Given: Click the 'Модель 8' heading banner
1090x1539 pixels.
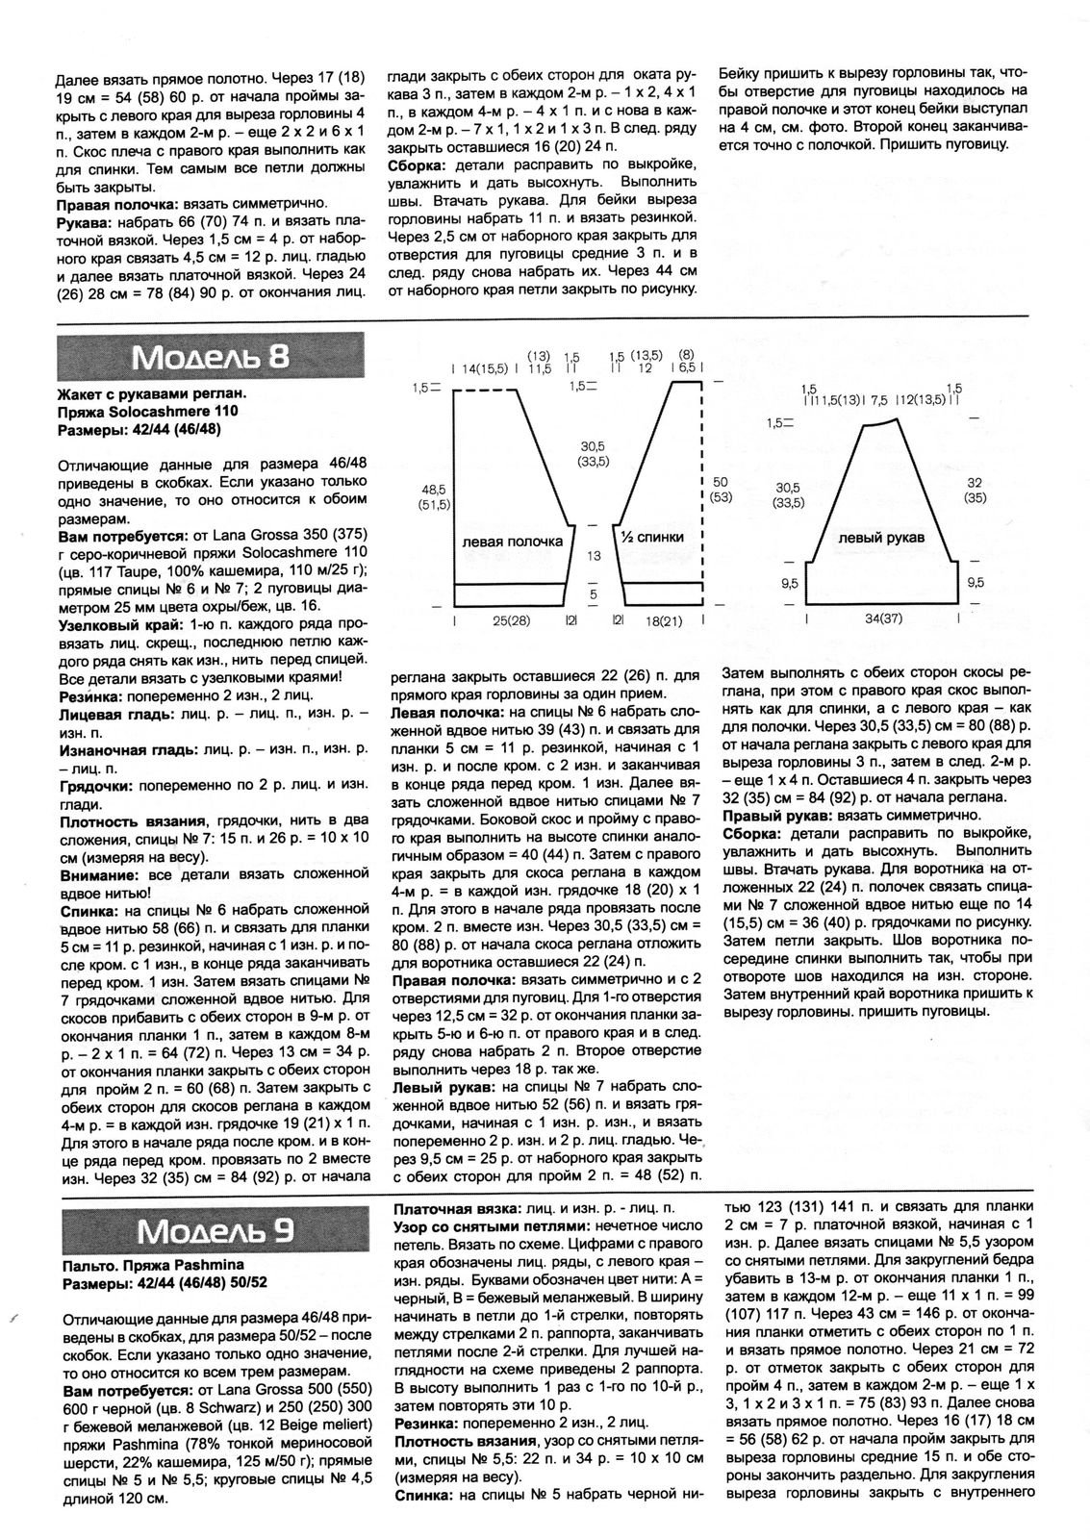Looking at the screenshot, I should pyautogui.click(x=211, y=357).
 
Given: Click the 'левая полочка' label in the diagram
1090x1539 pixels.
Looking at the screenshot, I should pyautogui.click(x=512, y=541).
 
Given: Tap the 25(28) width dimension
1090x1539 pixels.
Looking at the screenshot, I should pyautogui.click(x=512, y=621).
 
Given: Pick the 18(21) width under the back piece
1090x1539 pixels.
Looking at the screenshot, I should pyautogui.click(x=663, y=621).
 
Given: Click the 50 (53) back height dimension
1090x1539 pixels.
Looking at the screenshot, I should pyautogui.click(x=722, y=488).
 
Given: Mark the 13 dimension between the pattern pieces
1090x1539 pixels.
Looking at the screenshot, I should pyautogui.click(x=594, y=556).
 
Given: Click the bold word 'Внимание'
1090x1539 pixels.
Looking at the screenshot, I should pyautogui.click(x=92, y=876).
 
